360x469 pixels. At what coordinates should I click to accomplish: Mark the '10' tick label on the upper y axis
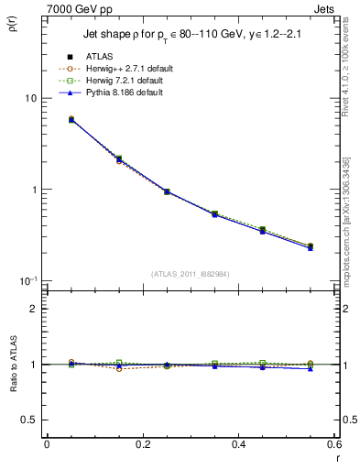[29, 99]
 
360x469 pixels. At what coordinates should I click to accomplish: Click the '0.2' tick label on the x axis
[142, 444]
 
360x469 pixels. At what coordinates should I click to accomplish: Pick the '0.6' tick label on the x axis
[333, 444]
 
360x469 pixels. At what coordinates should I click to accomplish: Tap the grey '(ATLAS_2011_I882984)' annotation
[191, 274]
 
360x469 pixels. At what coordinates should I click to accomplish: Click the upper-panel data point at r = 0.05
[71, 119]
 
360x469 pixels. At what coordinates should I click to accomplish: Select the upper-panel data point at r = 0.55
[310, 246]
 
